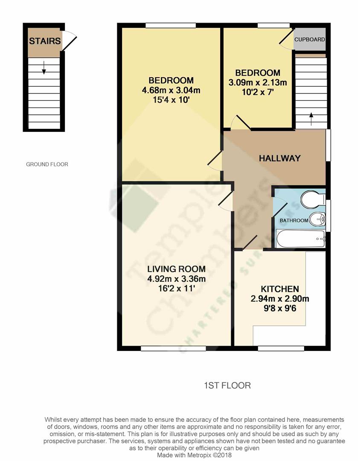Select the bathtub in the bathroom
coord(301,239)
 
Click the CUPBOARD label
coord(309,39)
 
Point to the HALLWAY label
coord(279,158)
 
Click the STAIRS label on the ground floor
coord(45,41)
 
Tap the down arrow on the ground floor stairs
coord(44,67)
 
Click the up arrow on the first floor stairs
coord(311,119)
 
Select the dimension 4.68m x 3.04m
coord(171,90)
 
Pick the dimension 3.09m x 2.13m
coord(258,83)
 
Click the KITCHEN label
coord(280,289)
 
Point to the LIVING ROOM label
coord(176,269)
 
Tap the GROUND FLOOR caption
coord(47,164)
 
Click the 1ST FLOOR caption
coord(227,385)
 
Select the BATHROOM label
coord(294,221)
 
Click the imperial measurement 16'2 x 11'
coord(176,289)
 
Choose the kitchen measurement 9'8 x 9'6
coord(280,309)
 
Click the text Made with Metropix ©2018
coord(194,455)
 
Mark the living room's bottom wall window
coord(173,348)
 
